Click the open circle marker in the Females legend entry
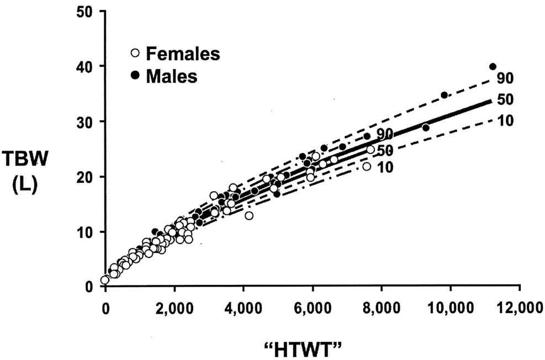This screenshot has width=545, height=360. [135, 54]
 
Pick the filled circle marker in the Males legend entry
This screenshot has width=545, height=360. [135, 75]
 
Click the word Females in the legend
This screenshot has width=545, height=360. [183, 54]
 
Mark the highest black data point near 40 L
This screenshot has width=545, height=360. [493, 67]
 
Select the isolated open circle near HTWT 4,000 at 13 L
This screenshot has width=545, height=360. [249, 216]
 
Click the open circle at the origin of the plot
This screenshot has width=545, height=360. [105, 280]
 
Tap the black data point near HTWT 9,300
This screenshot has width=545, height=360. [426, 128]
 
